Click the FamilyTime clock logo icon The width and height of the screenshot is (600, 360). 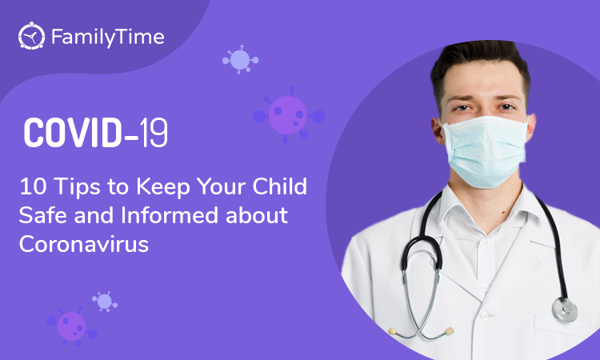click(31, 36)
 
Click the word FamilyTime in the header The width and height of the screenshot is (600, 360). click(108, 37)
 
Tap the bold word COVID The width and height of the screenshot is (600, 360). click(73, 132)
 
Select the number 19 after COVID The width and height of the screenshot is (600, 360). click(154, 132)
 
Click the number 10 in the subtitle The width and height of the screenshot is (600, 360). click(33, 186)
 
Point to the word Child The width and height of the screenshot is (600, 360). click(280, 186)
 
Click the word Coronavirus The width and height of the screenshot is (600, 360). click(84, 244)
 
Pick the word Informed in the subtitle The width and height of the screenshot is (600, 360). click(170, 215)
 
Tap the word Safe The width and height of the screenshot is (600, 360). click(43, 215)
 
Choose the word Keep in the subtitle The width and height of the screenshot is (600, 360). click(163, 187)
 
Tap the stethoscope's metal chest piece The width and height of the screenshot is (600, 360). click(565, 309)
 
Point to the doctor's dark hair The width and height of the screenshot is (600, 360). click(481, 64)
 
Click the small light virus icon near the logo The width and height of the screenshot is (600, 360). click(240, 59)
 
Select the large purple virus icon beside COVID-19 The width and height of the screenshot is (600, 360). click(289, 114)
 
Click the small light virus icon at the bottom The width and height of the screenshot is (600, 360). click(105, 302)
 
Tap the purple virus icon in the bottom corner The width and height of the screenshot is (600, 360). click(71, 326)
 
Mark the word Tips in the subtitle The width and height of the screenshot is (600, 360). click(77, 187)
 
